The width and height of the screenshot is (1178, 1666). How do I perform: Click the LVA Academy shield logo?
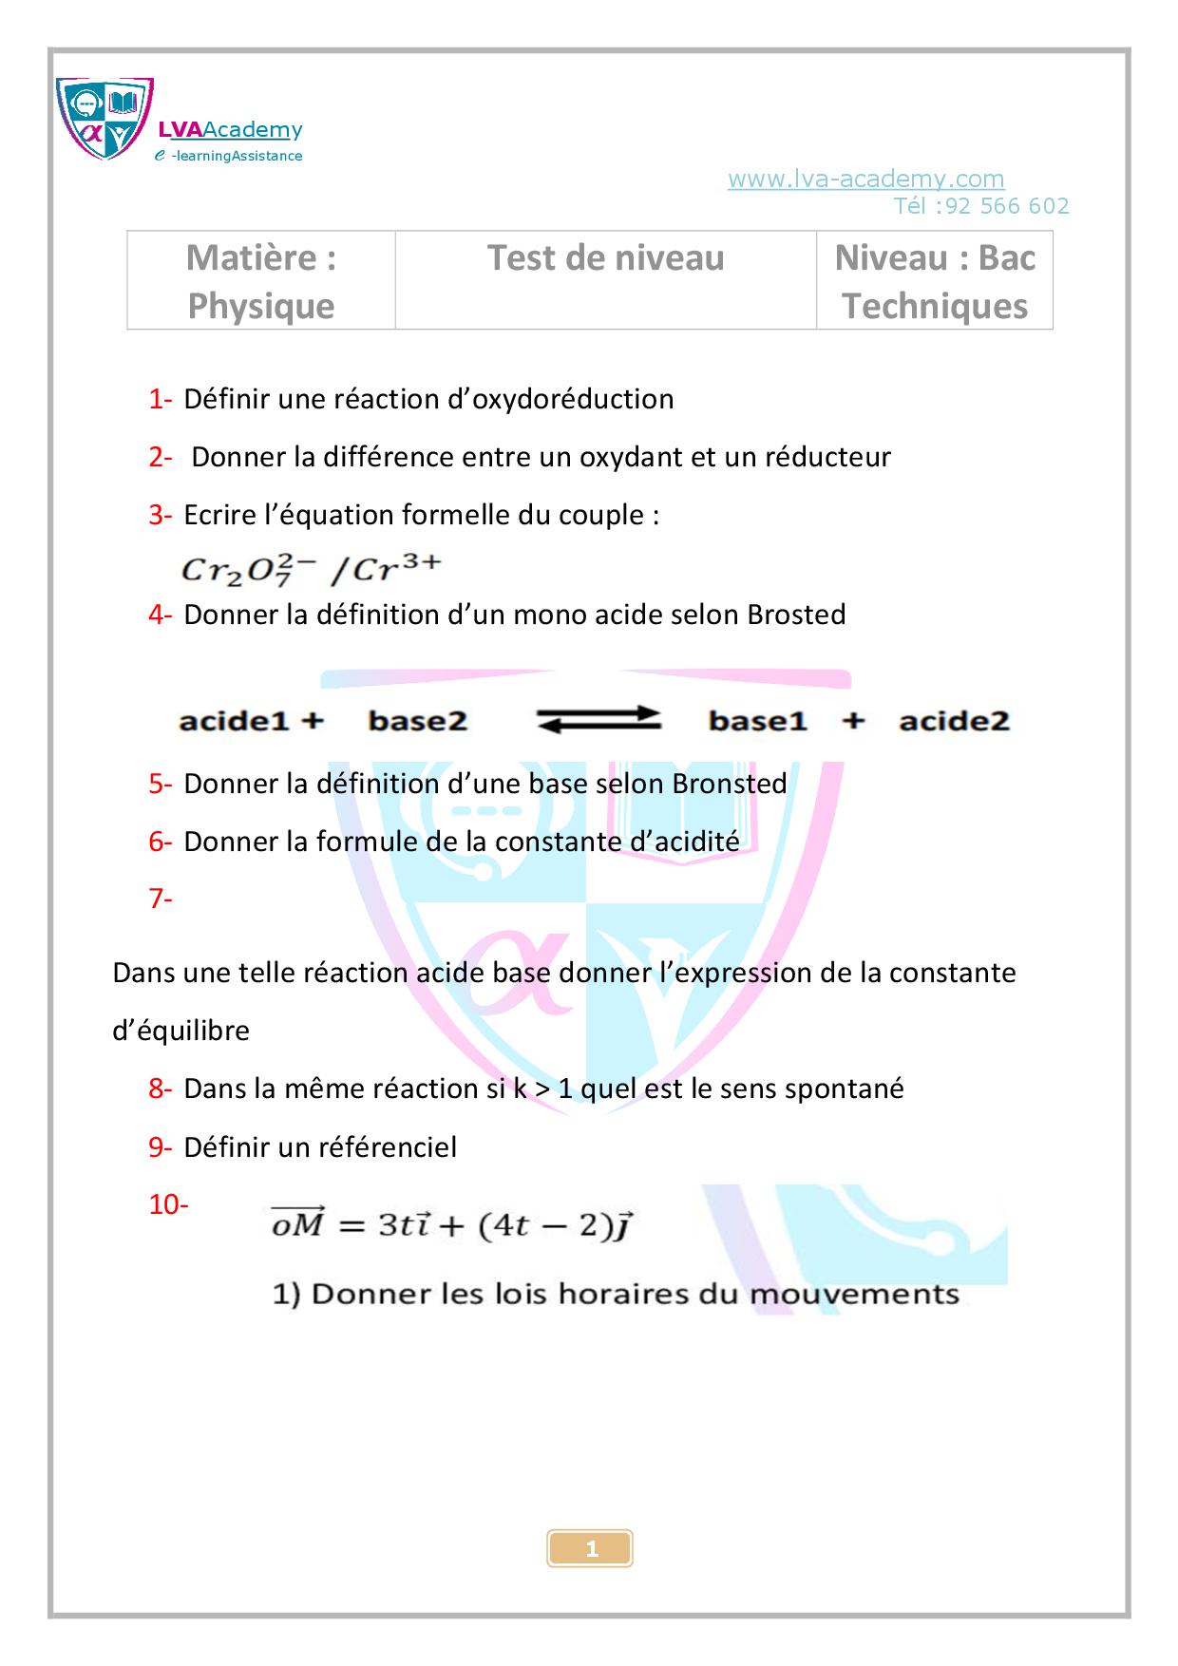(104, 119)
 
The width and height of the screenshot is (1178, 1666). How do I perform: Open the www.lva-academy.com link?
(865, 179)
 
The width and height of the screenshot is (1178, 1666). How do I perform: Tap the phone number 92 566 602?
(1007, 206)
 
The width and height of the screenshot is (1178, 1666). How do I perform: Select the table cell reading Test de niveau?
(605, 258)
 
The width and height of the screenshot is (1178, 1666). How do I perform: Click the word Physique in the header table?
(260, 306)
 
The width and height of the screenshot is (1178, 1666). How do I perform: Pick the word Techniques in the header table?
(935, 306)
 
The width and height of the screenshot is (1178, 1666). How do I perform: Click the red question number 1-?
(160, 399)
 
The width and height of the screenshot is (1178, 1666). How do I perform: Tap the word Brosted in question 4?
(796, 615)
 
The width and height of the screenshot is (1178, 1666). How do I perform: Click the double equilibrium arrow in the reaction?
(598, 720)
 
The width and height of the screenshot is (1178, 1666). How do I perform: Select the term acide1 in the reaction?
(234, 721)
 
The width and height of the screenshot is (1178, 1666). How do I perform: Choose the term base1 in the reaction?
(757, 721)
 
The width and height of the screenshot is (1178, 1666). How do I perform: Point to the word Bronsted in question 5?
(730, 784)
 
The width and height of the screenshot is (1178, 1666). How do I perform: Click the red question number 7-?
(160, 898)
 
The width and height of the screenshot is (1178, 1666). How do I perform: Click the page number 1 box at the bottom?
(590, 1549)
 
